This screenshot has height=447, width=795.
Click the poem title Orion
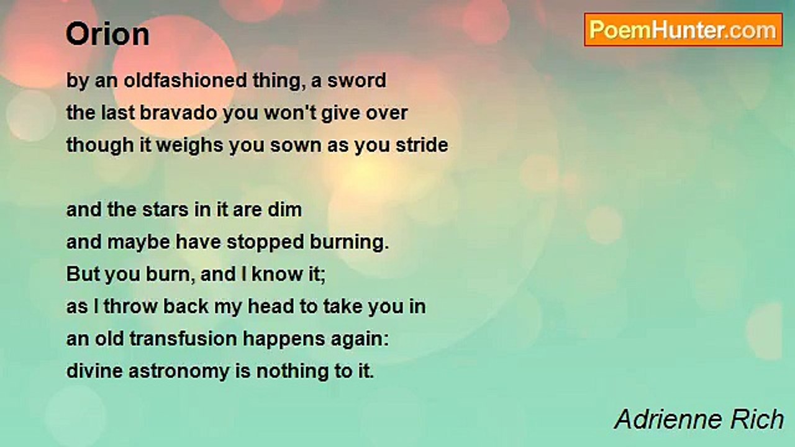pyautogui.click(x=107, y=34)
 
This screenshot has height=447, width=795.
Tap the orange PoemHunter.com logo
pyautogui.click(x=683, y=30)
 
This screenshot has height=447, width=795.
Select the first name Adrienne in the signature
pyautogui.click(x=668, y=419)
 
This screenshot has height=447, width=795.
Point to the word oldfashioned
pyautogui.click(x=185, y=81)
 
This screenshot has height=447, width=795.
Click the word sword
pyautogui.click(x=357, y=81)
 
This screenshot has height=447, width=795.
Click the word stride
pyautogui.click(x=422, y=145)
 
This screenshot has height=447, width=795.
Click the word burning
pyautogui.click(x=349, y=243)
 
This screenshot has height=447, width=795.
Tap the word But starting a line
pyautogui.click(x=83, y=274)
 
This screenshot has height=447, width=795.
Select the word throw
pyautogui.click(x=130, y=307)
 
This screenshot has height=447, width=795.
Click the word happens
pyautogui.click(x=284, y=340)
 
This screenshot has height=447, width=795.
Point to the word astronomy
pyautogui.click(x=179, y=372)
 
